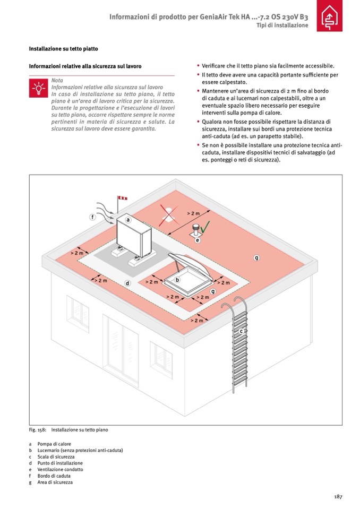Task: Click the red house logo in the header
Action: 330,15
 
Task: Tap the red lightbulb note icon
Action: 39,88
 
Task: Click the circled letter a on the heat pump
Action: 128,220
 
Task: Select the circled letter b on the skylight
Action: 177,280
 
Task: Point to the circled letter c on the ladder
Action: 241,331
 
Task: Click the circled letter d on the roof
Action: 127,283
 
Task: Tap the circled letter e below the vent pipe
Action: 198,240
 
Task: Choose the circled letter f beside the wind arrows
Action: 92,217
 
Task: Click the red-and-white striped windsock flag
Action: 122,197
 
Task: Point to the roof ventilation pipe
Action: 196,229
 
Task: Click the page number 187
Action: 338,497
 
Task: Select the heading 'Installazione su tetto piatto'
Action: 63,49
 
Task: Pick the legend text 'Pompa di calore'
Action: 54,444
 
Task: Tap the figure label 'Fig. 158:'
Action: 38,430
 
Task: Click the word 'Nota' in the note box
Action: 57,81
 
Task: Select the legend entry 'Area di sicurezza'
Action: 55,482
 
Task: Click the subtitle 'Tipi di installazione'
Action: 282,25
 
